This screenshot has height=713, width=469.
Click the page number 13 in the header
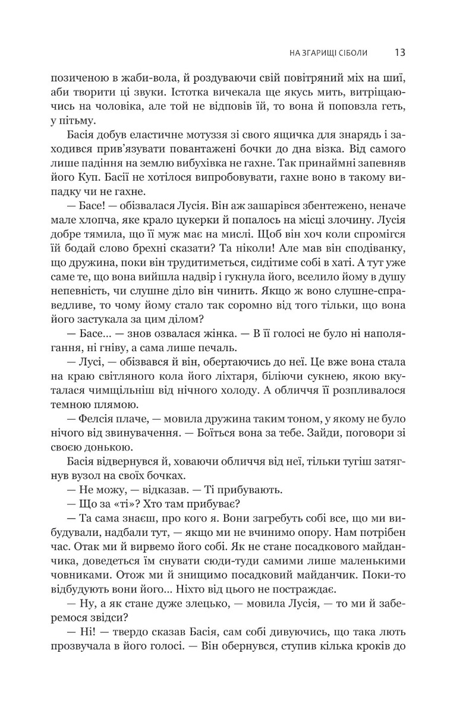pyautogui.click(x=399, y=52)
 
